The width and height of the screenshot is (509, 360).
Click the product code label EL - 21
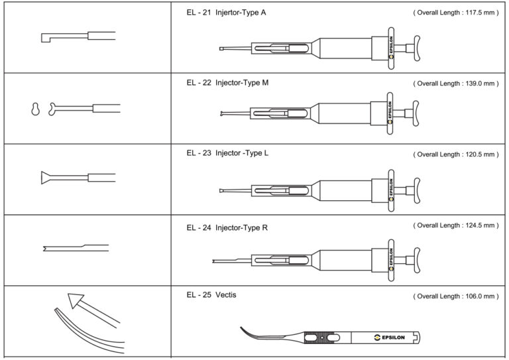coord(199,13)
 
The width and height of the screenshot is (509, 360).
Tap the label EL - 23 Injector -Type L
coord(227,153)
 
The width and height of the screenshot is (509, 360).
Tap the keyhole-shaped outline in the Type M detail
coord(35,109)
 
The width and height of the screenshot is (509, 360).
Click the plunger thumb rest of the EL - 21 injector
coord(418,49)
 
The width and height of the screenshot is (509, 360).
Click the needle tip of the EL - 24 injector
coord(215,261)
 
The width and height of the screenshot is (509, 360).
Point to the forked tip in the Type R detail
coord(44,249)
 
